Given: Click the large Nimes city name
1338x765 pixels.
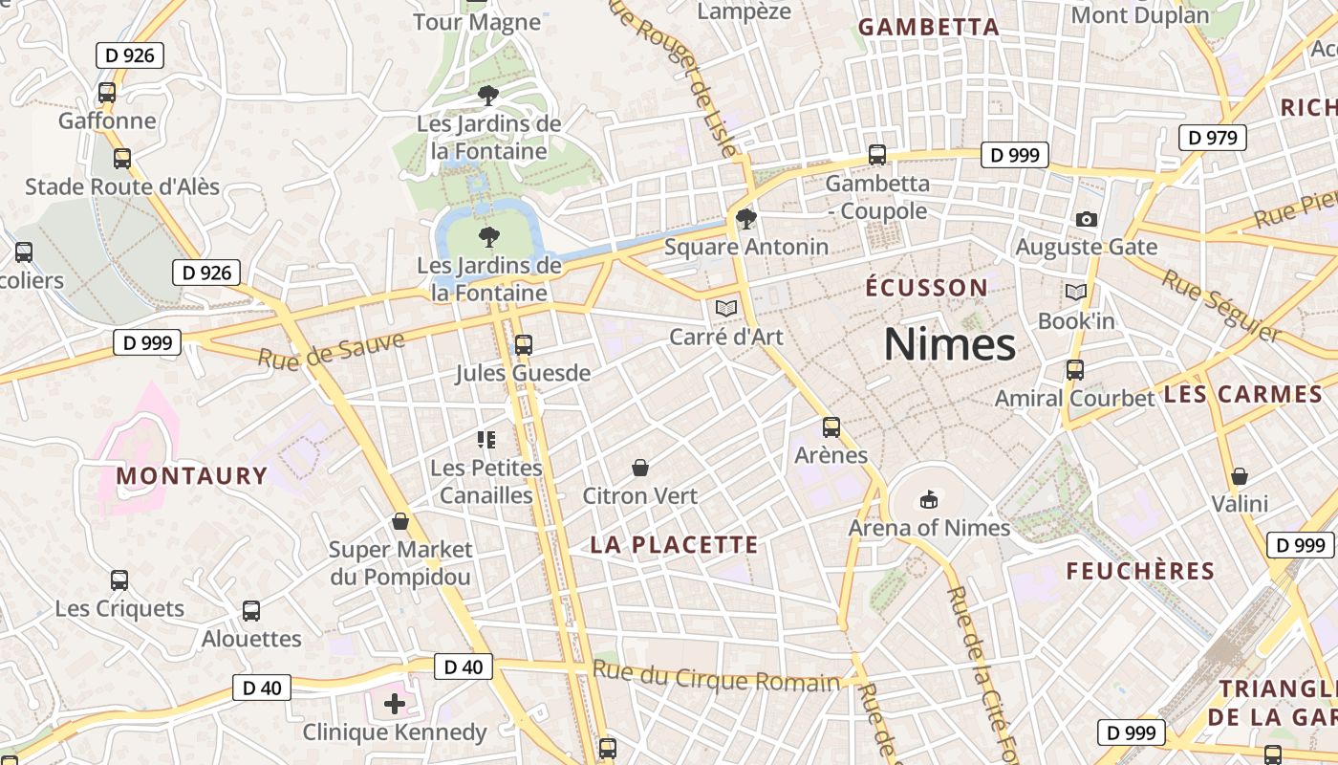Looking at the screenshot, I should pyautogui.click(x=949, y=344).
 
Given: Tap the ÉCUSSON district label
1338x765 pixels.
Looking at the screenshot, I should pyautogui.click(x=926, y=288).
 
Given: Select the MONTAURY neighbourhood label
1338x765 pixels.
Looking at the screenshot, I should pyautogui.click(x=191, y=475).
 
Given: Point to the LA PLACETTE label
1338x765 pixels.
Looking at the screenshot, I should pyautogui.click(x=674, y=545).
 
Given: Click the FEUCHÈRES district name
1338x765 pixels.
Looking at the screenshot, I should pyautogui.click(x=1139, y=572).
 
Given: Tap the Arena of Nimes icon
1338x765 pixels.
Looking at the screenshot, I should pyautogui.click(x=928, y=499).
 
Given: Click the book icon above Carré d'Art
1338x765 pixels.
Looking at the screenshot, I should pyautogui.click(x=726, y=308).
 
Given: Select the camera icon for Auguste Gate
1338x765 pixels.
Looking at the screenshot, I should pyautogui.click(x=1086, y=219).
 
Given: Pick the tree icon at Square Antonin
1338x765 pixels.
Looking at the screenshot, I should pyautogui.click(x=746, y=219).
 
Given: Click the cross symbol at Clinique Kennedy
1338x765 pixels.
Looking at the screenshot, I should pyautogui.click(x=394, y=705).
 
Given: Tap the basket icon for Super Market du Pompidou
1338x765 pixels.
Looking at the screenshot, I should pyautogui.click(x=400, y=521).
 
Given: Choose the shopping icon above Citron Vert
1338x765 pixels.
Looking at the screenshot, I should pyautogui.click(x=640, y=468).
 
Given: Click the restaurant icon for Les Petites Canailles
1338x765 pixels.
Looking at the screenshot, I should pyautogui.click(x=486, y=440).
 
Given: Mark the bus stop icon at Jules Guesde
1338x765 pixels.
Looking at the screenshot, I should pyautogui.click(x=523, y=345).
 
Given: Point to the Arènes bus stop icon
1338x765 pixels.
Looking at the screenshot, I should pyautogui.click(x=831, y=427).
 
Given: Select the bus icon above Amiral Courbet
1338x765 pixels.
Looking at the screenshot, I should pyautogui.click(x=1075, y=370).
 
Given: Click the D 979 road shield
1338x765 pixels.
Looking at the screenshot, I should pyautogui.click(x=1213, y=138).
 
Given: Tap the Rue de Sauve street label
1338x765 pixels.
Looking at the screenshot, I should pyautogui.click(x=331, y=349).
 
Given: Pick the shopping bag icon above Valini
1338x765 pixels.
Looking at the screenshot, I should pyautogui.click(x=1240, y=476).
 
